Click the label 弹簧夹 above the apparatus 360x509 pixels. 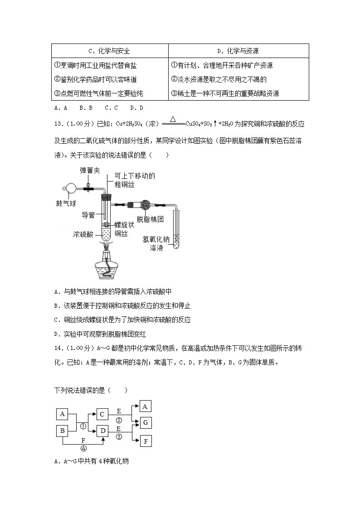tap(90, 170)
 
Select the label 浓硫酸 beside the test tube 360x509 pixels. tap(83, 234)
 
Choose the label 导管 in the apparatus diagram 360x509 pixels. tap(88, 215)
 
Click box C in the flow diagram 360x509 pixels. tap(102, 414)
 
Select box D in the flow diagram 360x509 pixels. tap(103, 431)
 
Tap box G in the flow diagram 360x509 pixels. tap(146, 422)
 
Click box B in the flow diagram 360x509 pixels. tap(63, 431)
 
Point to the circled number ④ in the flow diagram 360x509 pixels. tap(83, 449)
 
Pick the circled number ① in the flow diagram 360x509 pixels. tap(83, 426)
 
